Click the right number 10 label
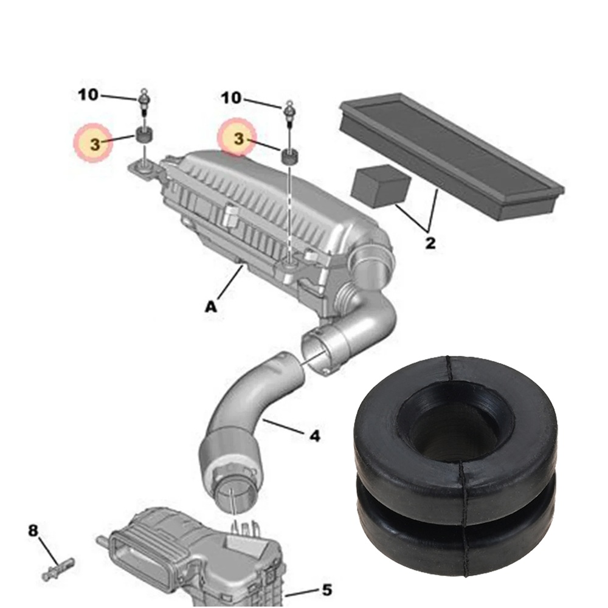pos(232,97)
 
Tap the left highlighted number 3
pos(94,144)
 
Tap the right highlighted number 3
pos(238,140)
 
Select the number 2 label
pos(430,243)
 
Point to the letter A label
pos(210,308)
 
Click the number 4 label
pos(314,435)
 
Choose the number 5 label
pos(326,589)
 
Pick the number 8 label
pos(33,531)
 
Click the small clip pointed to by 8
pos(58,567)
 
